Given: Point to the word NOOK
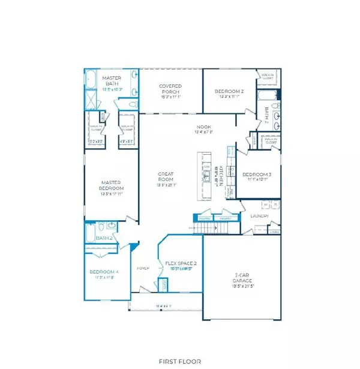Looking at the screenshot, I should [x=204, y=127].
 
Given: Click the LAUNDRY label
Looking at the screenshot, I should [x=259, y=215].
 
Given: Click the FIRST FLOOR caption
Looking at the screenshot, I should [x=180, y=362].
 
